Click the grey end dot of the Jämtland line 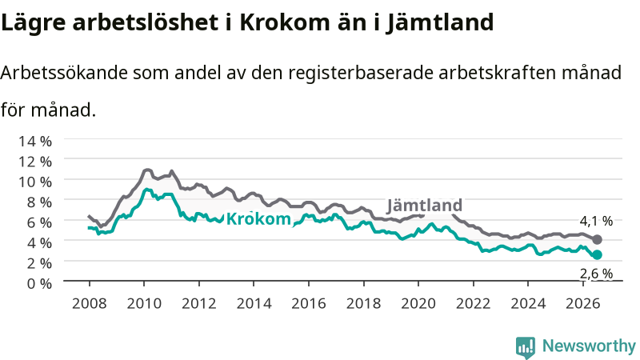pyautogui.click(x=597, y=239)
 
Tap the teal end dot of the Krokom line pyautogui.click(x=597, y=255)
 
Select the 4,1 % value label pyautogui.click(x=596, y=222)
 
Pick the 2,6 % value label pyautogui.click(x=596, y=274)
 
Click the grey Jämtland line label pyautogui.click(x=425, y=206)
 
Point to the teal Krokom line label pyautogui.click(x=258, y=219)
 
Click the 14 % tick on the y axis pyautogui.click(x=35, y=142)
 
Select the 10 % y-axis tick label pyautogui.click(x=35, y=182)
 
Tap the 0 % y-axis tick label pyautogui.click(x=39, y=283)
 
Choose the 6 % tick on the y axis pyautogui.click(x=39, y=222)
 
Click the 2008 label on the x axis pyautogui.click(x=90, y=304)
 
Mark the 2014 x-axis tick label pyautogui.click(x=254, y=304)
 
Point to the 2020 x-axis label pyautogui.click(x=418, y=304)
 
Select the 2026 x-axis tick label pyautogui.click(x=583, y=304)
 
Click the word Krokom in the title pyautogui.click(x=284, y=22)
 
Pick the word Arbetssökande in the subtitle pyautogui.click(x=64, y=73)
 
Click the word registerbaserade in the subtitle pyautogui.click(x=361, y=74)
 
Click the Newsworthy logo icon pyautogui.click(x=526, y=347)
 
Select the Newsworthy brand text pyautogui.click(x=589, y=346)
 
